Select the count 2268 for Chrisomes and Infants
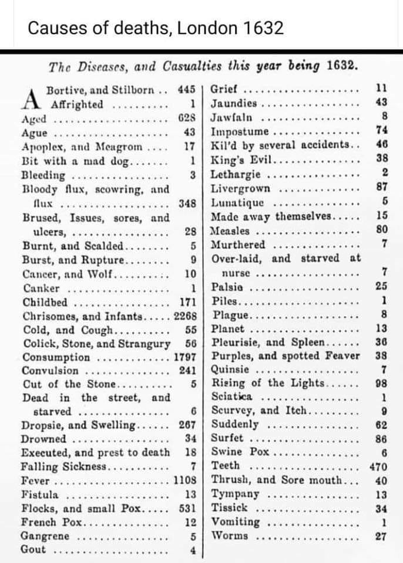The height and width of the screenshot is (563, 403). [187, 317]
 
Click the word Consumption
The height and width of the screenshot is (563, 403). [56, 357]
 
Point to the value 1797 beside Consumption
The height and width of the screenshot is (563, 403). [186, 357]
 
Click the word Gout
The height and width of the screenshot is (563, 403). [33, 550]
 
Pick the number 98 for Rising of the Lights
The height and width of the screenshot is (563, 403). [381, 384]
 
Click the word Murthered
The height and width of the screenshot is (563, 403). [239, 245]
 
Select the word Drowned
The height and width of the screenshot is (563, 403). [44, 439]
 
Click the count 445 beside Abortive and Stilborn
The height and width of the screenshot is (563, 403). [187, 90]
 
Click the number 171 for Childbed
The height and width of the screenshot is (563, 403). [189, 303]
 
